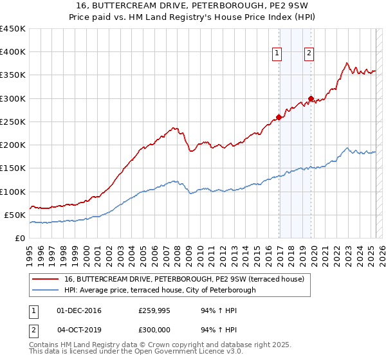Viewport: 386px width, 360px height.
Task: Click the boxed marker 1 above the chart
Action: (x=277, y=54)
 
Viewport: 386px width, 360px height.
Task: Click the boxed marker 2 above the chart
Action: (x=309, y=54)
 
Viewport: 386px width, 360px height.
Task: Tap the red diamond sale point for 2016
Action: (x=279, y=117)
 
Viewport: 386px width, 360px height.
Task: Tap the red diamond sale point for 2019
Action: (x=311, y=99)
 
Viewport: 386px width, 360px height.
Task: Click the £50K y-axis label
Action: (x=15, y=215)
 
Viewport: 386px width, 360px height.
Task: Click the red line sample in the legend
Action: (x=45, y=279)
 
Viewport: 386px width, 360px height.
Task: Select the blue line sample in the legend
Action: (x=45, y=290)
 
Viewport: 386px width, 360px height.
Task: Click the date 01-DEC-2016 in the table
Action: (x=79, y=310)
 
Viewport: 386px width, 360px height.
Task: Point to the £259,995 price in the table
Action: (x=155, y=310)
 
